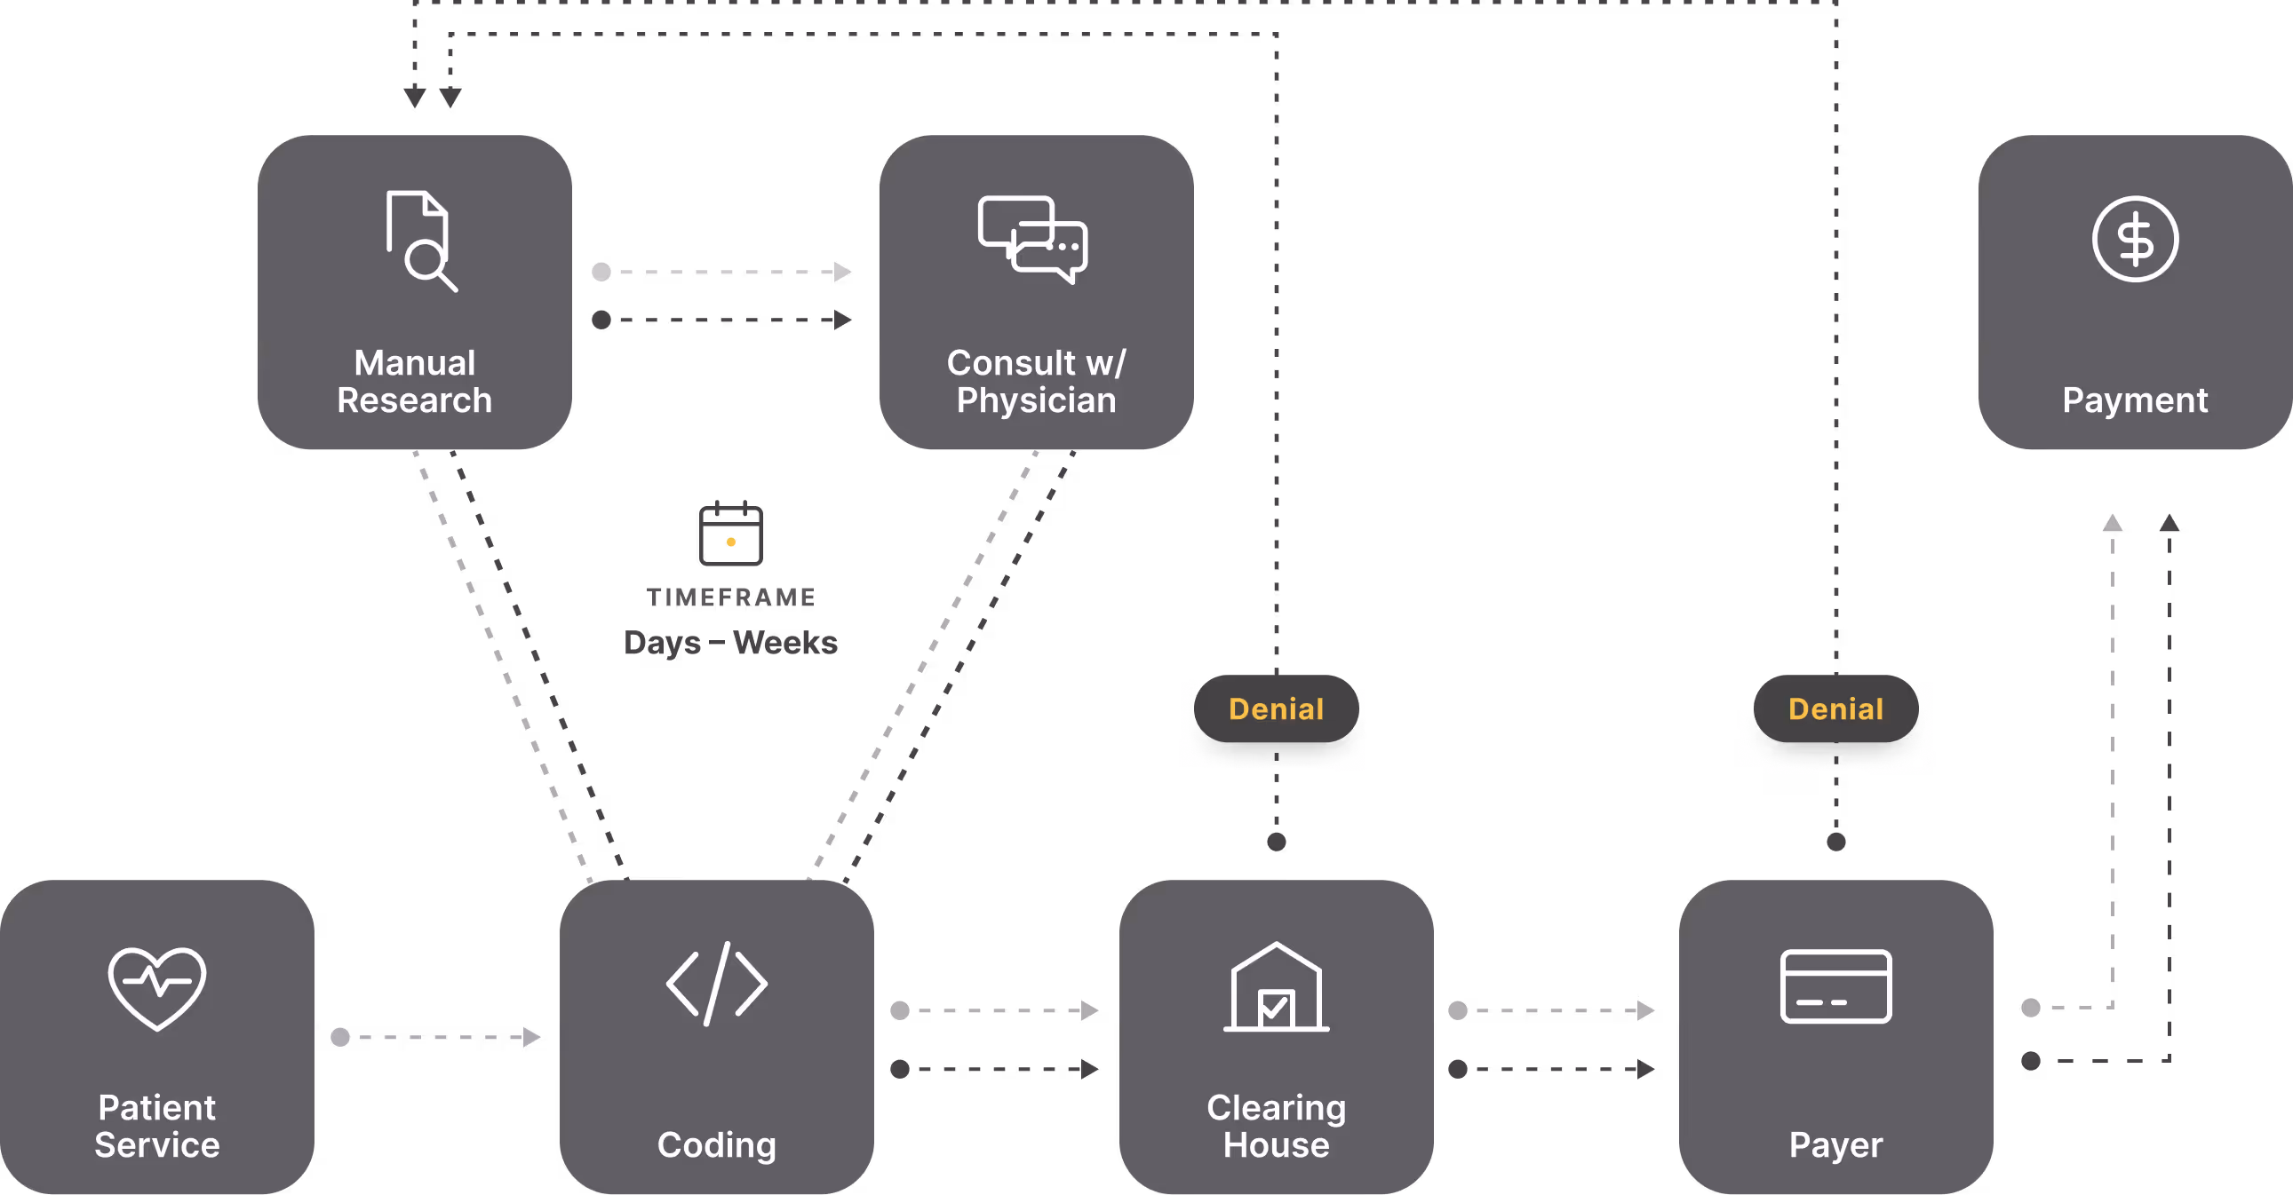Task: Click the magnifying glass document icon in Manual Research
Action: (x=421, y=241)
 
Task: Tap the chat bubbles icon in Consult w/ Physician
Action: (x=1032, y=240)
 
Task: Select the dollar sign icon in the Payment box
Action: (x=2135, y=239)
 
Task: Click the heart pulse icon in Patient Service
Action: (x=157, y=987)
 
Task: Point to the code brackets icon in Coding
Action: (x=717, y=983)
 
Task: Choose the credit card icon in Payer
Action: (x=1835, y=985)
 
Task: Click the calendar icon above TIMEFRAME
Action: (x=731, y=533)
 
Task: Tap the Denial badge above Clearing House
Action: (x=1276, y=708)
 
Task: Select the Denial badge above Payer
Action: (x=1835, y=708)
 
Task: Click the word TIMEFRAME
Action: (x=731, y=597)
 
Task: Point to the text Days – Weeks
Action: (x=731, y=643)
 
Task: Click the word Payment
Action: (x=2135, y=400)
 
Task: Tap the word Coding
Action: (x=717, y=1145)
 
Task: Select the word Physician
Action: (x=1036, y=400)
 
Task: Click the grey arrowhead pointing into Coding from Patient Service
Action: (x=531, y=1037)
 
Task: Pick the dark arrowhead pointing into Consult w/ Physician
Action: (x=842, y=320)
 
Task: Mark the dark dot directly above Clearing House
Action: (x=1276, y=842)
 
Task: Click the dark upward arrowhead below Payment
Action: (x=2170, y=522)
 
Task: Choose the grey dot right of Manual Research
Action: (x=601, y=272)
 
